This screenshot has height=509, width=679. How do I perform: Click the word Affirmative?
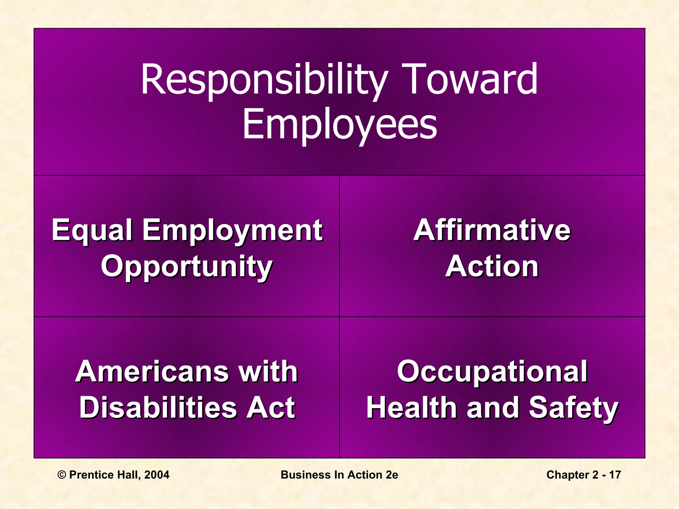point(492,230)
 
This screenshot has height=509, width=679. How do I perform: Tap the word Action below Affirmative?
point(492,266)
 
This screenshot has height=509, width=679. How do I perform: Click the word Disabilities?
point(158,408)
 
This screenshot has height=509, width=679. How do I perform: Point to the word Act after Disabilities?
point(270,408)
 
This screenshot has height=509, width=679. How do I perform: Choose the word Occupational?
point(492,372)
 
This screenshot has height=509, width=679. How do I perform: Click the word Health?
point(413,408)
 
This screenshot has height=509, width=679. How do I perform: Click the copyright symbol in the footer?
point(62,475)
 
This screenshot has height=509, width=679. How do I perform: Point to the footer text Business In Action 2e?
point(339,475)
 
